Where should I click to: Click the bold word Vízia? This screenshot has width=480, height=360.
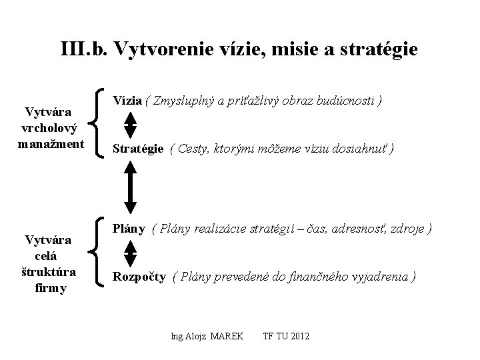point(127,101)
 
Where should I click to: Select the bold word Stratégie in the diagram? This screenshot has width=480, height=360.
point(138,149)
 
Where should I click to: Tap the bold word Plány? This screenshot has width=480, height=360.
point(129,229)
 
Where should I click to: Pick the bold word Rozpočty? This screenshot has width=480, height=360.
point(139,277)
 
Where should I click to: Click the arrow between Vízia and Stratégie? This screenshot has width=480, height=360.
point(131,125)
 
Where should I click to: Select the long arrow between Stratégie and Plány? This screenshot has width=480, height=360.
point(131,189)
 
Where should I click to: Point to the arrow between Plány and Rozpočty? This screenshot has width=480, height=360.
point(131,253)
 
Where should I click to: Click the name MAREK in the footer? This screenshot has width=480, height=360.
point(227,335)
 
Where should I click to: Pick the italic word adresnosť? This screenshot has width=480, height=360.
point(361,229)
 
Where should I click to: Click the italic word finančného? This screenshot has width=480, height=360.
point(307,277)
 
